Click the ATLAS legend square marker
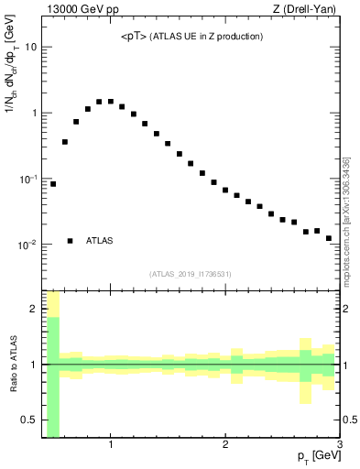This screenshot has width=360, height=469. (x=71, y=241)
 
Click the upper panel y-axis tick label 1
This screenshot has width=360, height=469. (x=35, y=114)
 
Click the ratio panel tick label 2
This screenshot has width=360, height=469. (x=35, y=310)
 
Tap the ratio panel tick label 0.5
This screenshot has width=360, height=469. (x=30, y=420)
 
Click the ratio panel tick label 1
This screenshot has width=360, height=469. (x=35, y=365)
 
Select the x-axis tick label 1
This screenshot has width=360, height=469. (x=111, y=446)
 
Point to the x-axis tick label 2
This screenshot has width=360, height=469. (x=225, y=446)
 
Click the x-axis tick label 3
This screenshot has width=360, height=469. (x=340, y=446)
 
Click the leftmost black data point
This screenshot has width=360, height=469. (x=53, y=184)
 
